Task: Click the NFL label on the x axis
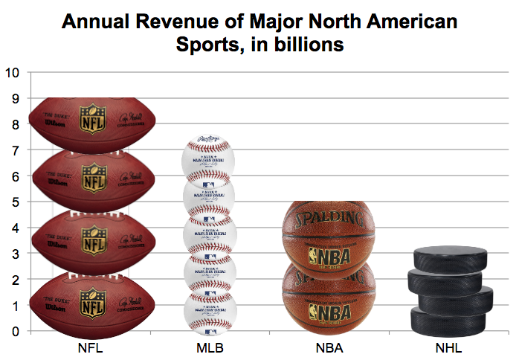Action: click(x=90, y=347)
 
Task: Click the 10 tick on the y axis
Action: click(x=13, y=73)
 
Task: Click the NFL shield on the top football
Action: click(x=94, y=120)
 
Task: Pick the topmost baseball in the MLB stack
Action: click(x=209, y=158)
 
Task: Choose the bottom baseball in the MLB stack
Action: click(x=209, y=309)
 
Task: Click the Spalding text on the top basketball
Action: click(x=327, y=222)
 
